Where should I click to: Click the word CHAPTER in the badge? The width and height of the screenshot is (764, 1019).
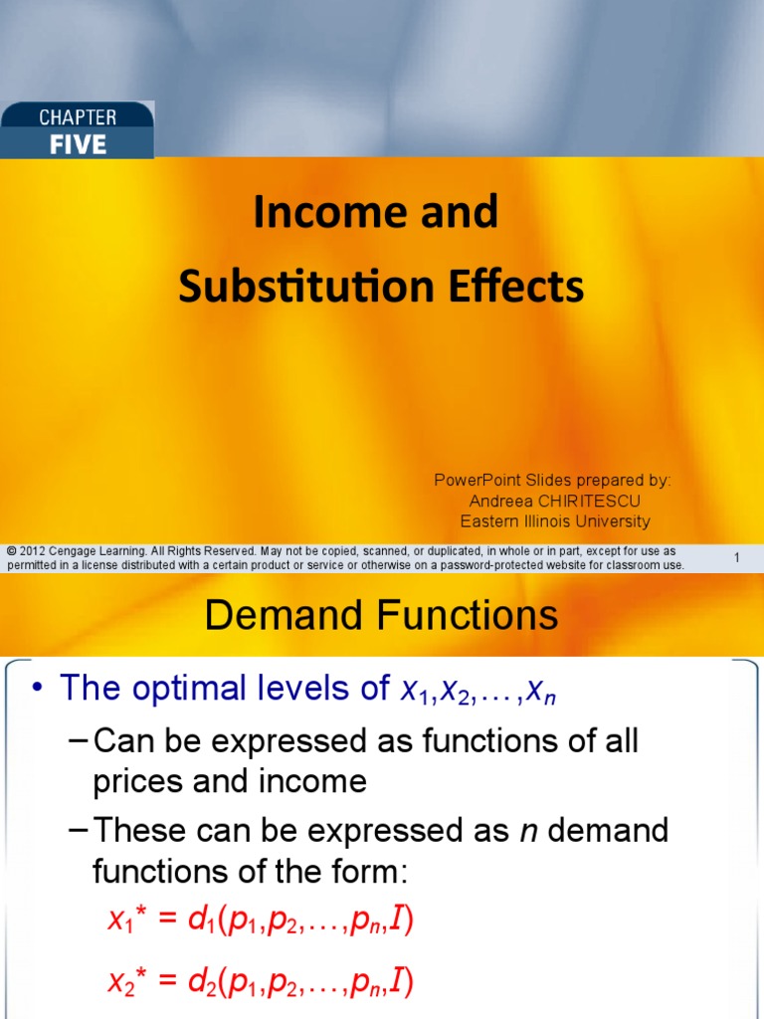(x=78, y=117)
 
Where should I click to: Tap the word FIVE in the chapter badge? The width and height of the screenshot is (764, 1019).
(x=78, y=144)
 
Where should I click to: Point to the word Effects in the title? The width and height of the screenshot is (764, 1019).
(x=519, y=288)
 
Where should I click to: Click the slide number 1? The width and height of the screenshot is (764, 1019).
(x=736, y=558)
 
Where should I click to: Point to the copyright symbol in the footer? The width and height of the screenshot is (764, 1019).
(x=11, y=551)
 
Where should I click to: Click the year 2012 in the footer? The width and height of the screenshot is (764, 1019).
(x=31, y=551)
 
